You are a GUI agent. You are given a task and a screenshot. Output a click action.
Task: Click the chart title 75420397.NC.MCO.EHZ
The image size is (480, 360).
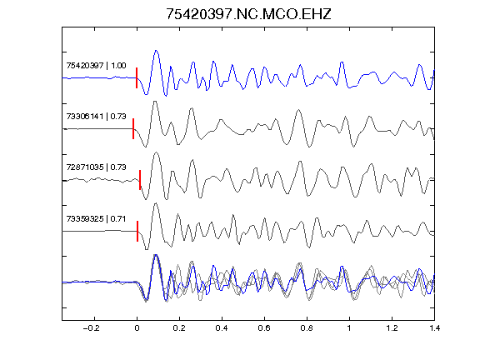[248, 14]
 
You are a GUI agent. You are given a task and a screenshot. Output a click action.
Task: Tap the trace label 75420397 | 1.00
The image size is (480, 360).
[96, 66]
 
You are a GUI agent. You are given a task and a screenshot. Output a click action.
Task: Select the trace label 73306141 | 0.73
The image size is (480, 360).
[96, 117]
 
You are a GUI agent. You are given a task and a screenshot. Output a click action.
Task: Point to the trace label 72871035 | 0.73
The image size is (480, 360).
[96, 167]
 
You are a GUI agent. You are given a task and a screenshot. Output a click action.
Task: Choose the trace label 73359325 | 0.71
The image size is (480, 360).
[96, 219]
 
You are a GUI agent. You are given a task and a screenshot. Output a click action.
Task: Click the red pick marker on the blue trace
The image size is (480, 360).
[137, 77]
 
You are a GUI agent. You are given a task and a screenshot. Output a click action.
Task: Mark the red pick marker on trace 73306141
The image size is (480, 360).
[133, 129]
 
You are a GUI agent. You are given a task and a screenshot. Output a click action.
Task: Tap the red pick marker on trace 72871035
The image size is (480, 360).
[140, 180]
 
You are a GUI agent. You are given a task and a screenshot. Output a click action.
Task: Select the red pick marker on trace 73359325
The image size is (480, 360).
[137, 231]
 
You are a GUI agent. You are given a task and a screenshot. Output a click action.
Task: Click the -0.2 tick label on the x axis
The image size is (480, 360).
[92, 328]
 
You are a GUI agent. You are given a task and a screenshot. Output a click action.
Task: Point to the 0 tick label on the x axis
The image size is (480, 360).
[137, 328]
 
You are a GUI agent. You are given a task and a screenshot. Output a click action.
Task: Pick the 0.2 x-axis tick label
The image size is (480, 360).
[179, 328]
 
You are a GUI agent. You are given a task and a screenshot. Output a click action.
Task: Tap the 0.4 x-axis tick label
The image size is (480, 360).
[222, 328]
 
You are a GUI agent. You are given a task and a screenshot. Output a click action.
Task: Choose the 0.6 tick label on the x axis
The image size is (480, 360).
[264, 328]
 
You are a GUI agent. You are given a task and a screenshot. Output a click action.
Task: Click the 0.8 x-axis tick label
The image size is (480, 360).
[307, 328]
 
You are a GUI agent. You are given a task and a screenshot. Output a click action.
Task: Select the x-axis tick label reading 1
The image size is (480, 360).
[349, 328]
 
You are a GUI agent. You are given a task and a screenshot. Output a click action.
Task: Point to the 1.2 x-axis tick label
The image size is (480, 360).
[392, 328]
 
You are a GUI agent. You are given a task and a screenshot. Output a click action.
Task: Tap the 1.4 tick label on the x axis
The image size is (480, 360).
[434, 328]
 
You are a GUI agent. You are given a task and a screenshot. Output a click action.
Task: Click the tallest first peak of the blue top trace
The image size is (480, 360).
[156, 51]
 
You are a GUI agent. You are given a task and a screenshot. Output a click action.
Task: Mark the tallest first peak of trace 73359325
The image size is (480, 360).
[156, 203]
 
